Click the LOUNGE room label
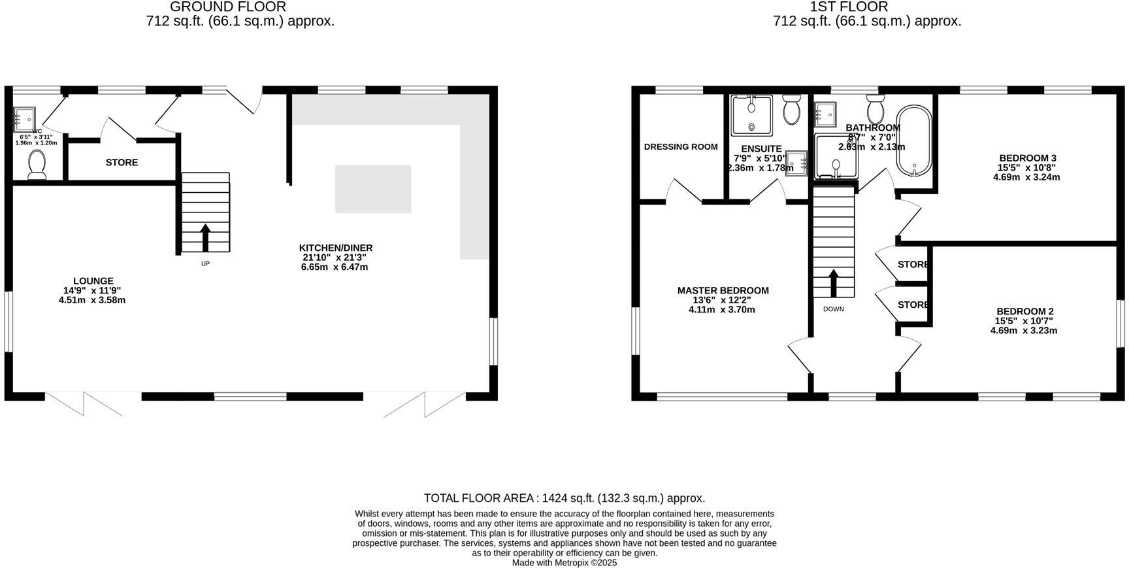coord(93,281)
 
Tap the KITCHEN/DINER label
coord(336,248)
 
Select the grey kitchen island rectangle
coord(373,189)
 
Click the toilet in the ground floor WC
coord(37,165)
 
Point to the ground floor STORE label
coord(122,162)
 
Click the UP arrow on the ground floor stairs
coord(205,238)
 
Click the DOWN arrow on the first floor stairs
coord(833,283)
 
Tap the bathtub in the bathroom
coord(913,141)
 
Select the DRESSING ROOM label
coord(681,146)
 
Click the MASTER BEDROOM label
coord(723,290)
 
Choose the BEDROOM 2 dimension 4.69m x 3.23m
coord(1023,331)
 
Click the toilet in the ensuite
coord(792,110)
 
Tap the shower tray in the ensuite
coord(751,116)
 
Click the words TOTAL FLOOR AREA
coord(478,498)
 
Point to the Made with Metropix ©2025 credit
coord(564,562)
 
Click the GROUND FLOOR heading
coord(227,7)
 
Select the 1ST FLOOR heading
coord(848,7)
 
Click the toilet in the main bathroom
coord(875,106)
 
